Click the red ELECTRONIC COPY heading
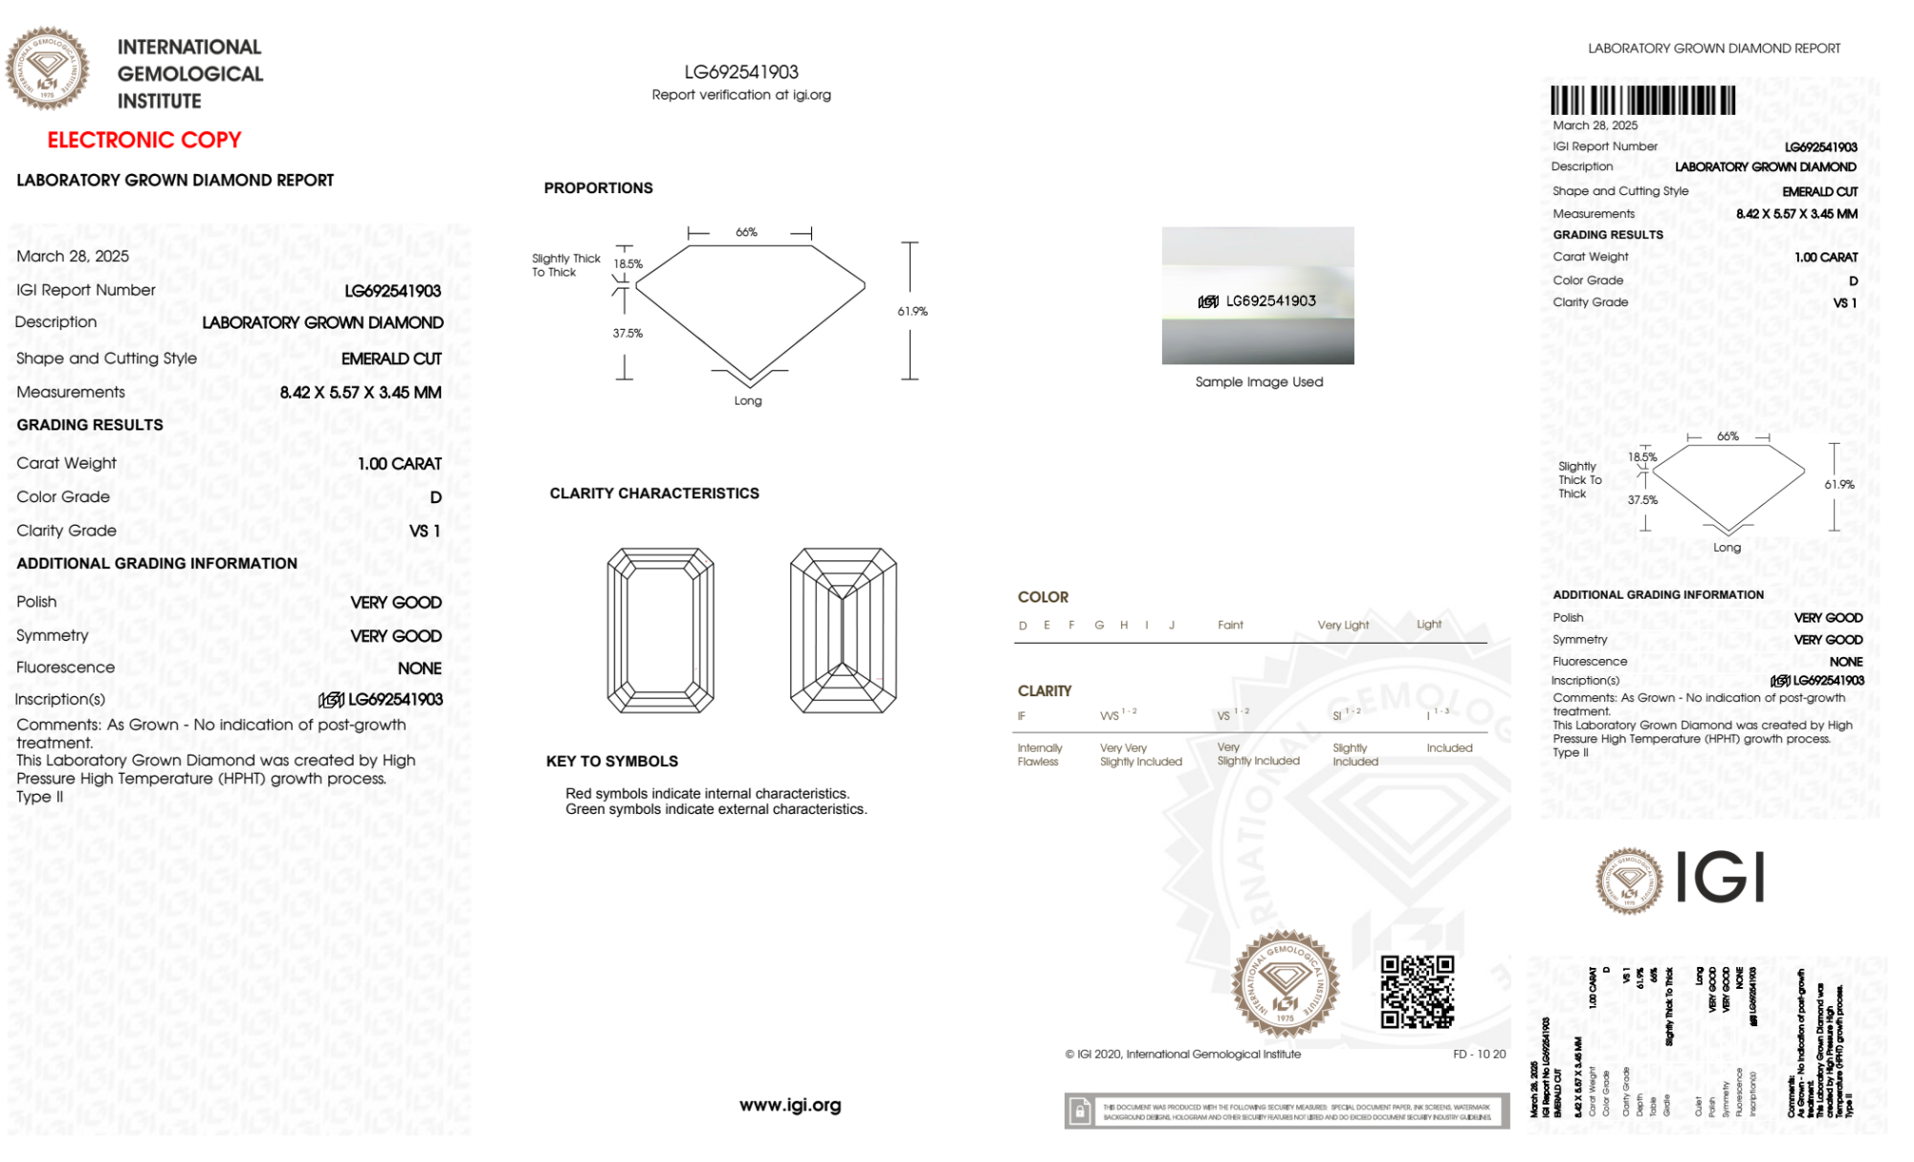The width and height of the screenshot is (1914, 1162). (x=144, y=141)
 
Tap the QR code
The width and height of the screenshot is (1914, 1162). (x=1417, y=992)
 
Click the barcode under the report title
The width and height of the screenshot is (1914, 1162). (x=1642, y=100)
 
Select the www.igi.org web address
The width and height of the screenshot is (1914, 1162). (x=790, y=1105)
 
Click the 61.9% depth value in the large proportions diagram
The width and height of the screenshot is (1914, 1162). (x=913, y=312)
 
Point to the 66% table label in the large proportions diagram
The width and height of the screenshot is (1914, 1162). (x=746, y=232)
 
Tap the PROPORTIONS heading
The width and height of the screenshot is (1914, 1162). (x=598, y=188)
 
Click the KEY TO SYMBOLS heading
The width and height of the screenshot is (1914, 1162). (x=612, y=761)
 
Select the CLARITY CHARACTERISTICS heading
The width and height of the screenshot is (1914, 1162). (x=654, y=493)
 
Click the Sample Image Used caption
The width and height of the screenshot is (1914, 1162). (x=1259, y=382)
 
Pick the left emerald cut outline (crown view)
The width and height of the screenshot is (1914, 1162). (x=660, y=630)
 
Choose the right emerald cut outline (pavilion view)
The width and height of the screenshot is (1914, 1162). (x=843, y=630)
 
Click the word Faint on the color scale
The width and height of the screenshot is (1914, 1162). (x=1230, y=625)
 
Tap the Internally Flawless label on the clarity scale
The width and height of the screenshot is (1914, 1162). (x=1039, y=755)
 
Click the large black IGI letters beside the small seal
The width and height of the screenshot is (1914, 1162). (x=1721, y=878)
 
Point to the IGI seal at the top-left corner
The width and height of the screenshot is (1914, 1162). (x=47, y=69)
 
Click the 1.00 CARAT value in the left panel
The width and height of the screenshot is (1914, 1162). (x=400, y=464)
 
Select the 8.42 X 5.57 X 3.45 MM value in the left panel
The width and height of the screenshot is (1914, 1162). (x=361, y=393)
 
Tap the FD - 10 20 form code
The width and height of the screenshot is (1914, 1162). (x=1479, y=1054)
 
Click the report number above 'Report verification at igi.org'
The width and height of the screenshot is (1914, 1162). (x=741, y=73)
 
